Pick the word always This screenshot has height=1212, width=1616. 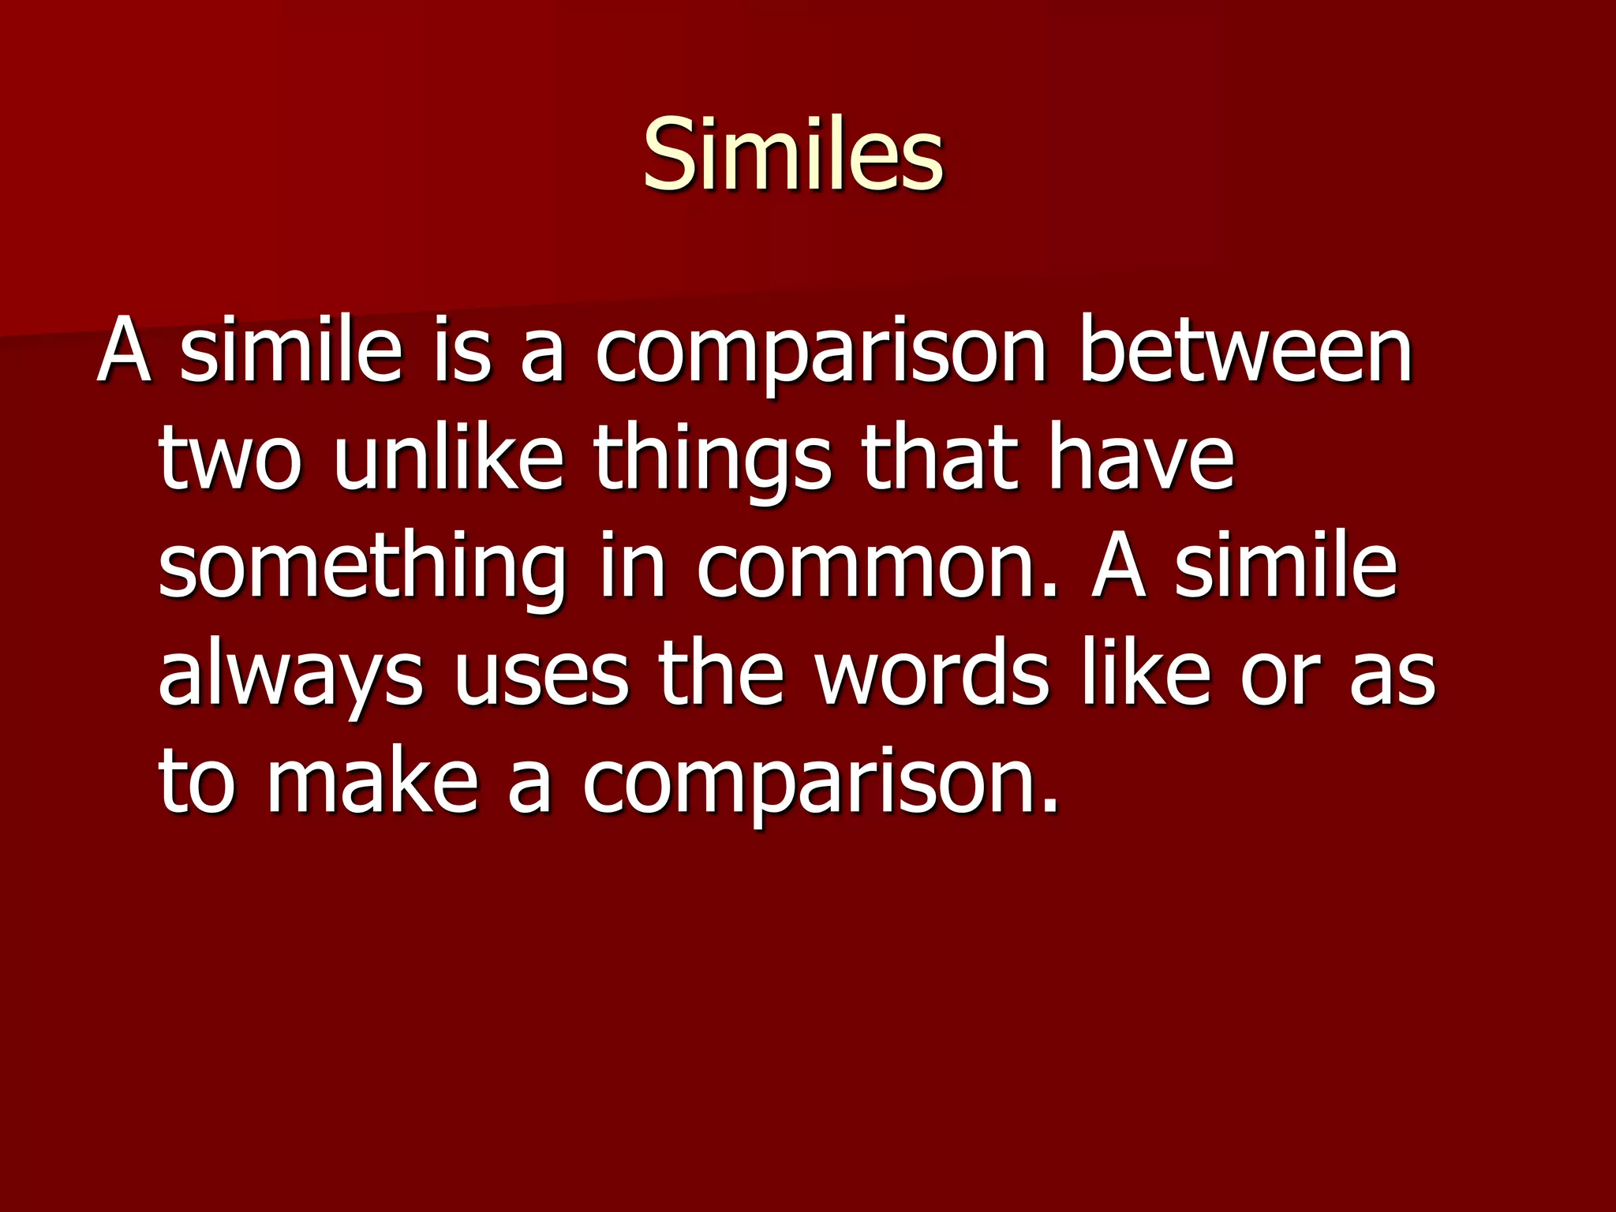coord(290,677)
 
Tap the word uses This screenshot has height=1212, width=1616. coord(541,677)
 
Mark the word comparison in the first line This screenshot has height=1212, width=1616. coord(820,353)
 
